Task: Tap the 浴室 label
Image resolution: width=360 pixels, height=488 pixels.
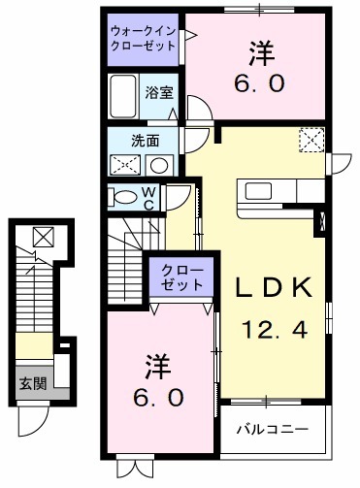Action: tap(159, 93)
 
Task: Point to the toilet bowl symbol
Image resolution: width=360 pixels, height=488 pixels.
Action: tap(125, 197)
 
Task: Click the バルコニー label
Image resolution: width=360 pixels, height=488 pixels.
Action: tap(275, 427)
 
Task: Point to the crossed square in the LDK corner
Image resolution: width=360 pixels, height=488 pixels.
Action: tap(311, 140)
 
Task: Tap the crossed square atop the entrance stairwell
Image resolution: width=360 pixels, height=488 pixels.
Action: tap(43, 237)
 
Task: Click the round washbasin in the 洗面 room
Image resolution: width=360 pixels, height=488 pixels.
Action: tap(160, 164)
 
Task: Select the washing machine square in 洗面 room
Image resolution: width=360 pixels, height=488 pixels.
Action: tap(125, 164)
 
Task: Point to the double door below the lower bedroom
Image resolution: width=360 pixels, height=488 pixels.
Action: tap(137, 467)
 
